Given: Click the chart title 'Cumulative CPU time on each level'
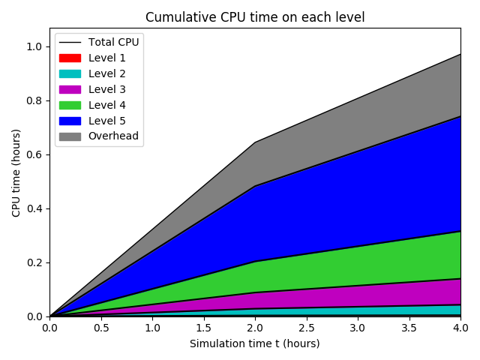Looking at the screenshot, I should click(x=255, y=17).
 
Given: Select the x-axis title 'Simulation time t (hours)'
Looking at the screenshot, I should click(x=255, y=343).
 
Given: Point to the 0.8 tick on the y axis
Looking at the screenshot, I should click(x=34, y=100).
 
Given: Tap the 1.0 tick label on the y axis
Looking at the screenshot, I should click(x=34, y=46).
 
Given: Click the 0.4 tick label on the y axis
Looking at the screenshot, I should click(x=34, y=208).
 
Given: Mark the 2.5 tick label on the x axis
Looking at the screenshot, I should click(x=306, y=328).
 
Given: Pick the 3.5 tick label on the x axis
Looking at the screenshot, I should click(x=409, y=328).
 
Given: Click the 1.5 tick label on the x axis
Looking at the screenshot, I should click(x=203, y=328).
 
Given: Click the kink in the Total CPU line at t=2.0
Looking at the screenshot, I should click(x=255, y=142).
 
